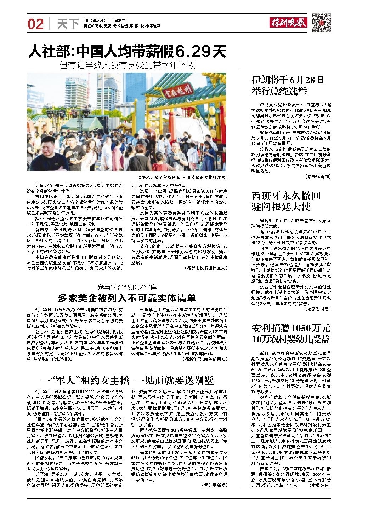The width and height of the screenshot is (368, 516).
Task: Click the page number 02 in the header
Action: point(35,24)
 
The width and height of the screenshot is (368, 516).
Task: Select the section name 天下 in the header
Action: point(68,24)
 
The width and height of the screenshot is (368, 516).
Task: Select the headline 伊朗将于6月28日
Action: point(288,80)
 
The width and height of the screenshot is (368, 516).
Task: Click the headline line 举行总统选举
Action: point(279,91)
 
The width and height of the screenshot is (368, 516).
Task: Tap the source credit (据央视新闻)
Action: point(317,176)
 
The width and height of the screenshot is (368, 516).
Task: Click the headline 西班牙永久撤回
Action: point(286,195)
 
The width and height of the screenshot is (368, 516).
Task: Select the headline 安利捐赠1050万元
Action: point(291,327)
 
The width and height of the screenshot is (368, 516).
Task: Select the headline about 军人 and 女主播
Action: point(128,381)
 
